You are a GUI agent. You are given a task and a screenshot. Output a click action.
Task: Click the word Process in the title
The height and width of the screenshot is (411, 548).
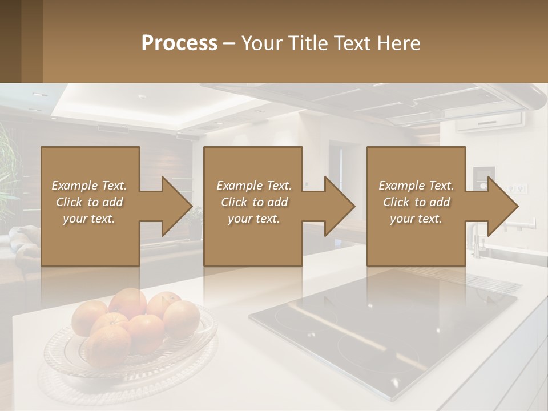click(x=179, y=43)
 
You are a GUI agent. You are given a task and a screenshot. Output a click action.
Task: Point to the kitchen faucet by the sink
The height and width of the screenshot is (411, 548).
click(x=475, y=240)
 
